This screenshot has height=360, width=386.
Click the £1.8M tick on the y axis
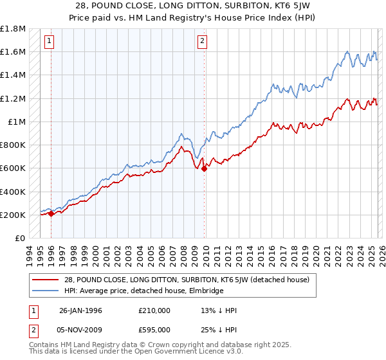pos(14,29)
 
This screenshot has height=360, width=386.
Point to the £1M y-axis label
pos(17,122)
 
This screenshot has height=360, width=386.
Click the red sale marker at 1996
pos(51,214)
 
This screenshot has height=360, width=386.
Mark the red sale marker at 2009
pos(205,169)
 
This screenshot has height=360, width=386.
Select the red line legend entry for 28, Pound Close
pos(170,280)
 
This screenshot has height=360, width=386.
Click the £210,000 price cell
pos(154,310)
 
